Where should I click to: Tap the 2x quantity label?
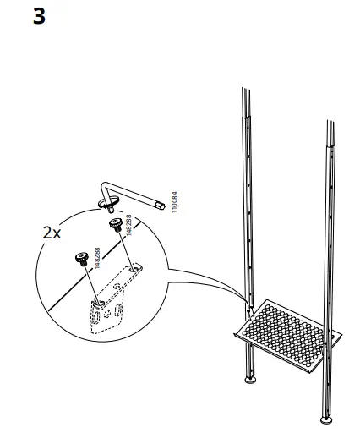[x=52, y=233]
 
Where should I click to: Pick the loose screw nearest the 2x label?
[x=83, y=257]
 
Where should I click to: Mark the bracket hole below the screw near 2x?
[x=101, y=299]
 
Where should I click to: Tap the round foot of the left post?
[x=251, y=381]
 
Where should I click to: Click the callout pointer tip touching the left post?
[x=246, y=304]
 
